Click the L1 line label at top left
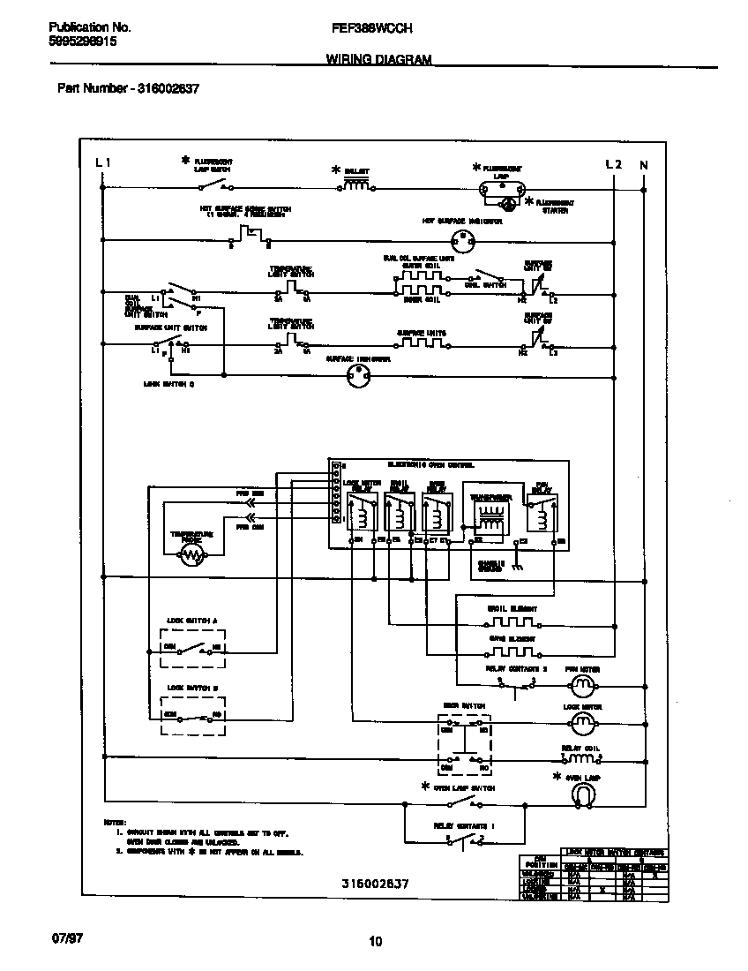102,164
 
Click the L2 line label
614,164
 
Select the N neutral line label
644,164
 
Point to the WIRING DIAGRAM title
378,60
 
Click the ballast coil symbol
355,186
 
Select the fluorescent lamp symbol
502,187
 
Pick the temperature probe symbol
191,554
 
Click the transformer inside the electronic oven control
488,516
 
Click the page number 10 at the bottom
375,941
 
